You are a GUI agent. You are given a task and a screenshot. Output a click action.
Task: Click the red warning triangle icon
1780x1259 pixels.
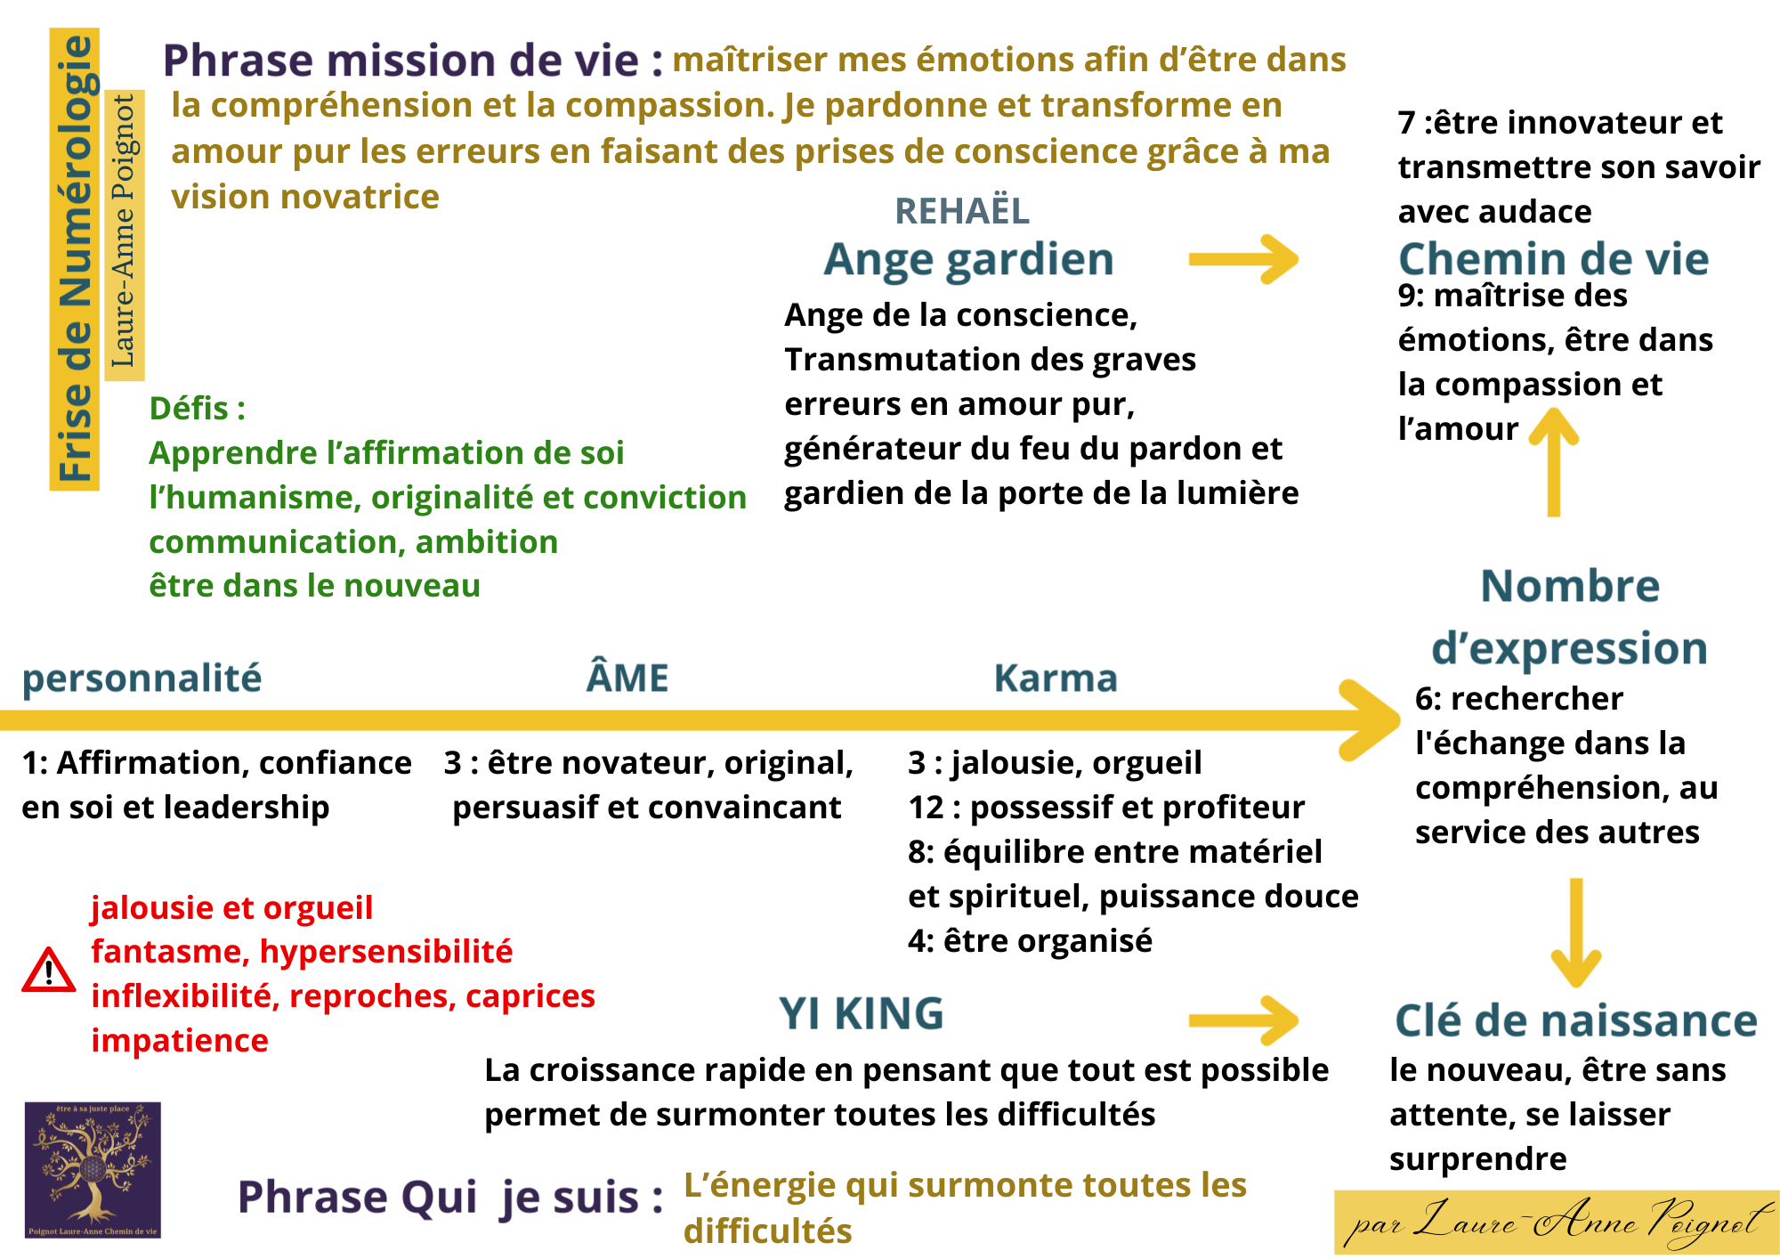coord(48,971)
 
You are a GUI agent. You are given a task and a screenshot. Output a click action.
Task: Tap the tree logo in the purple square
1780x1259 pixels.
coord(93,1169)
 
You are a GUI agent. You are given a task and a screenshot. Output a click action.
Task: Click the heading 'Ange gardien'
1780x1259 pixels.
coord(968,260)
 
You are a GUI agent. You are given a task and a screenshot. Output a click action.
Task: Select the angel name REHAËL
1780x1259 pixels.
coord(962,212)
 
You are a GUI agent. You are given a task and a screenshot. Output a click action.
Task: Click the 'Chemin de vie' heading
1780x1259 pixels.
coord(1553,260)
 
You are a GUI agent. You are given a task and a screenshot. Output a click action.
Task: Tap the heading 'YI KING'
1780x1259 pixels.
coord(861,1014)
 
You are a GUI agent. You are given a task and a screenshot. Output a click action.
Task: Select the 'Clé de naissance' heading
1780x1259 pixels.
coord(1575,1021)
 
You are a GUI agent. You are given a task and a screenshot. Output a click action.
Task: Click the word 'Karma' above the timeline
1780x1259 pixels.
coord(1056,678)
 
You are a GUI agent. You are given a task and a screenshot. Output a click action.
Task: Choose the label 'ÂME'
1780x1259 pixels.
coord(627,678)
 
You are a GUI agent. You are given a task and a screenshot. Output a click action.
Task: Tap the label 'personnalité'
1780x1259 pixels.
coord(142,678)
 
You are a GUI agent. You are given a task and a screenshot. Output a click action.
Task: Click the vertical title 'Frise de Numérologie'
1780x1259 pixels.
coord(75,259)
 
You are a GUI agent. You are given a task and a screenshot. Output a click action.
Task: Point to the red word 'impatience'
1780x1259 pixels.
coord(180,1041)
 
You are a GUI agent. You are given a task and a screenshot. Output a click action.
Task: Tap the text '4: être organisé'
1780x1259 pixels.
coord(1030,941)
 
